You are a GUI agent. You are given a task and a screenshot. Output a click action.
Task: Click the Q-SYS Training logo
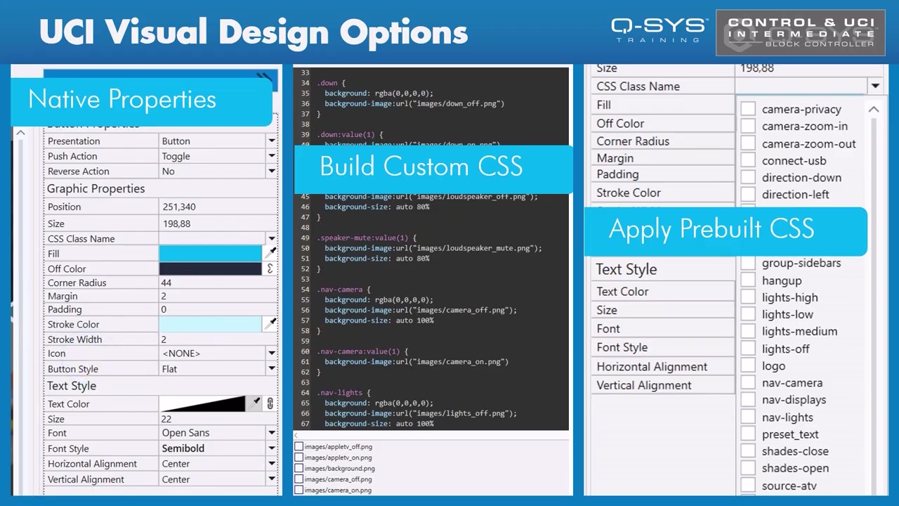coord(658,30)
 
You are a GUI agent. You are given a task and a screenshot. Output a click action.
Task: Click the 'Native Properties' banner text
coord(122,99)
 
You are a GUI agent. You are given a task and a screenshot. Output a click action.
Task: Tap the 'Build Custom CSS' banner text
coord(421,167)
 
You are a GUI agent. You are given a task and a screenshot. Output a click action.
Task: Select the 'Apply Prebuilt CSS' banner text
coord(711,229)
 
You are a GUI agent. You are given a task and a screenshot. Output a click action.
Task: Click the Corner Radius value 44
coord(166,283)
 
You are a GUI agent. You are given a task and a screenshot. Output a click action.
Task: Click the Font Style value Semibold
coord(183,448)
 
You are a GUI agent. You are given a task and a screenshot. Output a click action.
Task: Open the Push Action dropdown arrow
coord(271,156)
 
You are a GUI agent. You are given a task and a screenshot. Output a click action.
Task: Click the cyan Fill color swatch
coord(210,254)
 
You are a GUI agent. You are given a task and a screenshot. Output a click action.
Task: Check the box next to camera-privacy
coord(748,109)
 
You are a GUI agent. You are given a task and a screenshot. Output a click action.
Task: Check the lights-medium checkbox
coord(748,331)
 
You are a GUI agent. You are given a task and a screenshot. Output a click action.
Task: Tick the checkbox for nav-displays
coord(748,400)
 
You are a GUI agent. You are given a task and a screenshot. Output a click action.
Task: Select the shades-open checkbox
coord(748,468)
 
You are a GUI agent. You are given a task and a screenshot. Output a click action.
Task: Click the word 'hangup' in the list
coord(781,280)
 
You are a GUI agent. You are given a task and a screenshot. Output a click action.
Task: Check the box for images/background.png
coord(299,468)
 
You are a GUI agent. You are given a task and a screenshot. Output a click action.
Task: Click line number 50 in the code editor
coord(305,248)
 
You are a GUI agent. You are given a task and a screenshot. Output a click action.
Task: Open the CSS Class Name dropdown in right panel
coord(874,86)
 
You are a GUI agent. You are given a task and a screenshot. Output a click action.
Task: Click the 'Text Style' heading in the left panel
coord(72,386)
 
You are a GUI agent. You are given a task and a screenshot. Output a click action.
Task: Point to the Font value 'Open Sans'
coord(185,433)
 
